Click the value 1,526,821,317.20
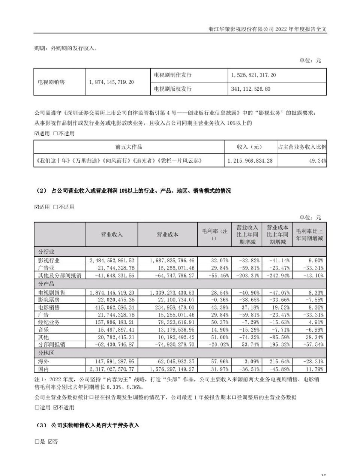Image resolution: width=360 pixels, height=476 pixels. [253, 75]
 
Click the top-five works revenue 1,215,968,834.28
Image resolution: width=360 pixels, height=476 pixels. [250, 161]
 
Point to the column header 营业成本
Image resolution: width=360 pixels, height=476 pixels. [167, 235]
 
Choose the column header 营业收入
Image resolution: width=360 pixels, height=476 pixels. [112, 235]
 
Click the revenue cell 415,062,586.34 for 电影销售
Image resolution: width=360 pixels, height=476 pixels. [112, 307]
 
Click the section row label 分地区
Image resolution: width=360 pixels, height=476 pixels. [44, 353]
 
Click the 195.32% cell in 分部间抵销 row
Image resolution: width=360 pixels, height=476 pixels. [278, 344]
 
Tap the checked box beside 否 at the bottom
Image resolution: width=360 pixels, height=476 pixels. [51, 442]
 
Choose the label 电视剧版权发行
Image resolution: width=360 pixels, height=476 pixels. [173, 89]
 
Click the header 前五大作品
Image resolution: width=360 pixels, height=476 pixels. [129, 147]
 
